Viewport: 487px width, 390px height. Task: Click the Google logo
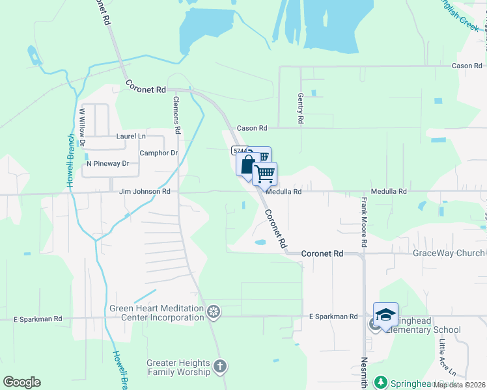pos(21,382)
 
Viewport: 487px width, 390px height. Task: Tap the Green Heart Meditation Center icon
pos(213,313)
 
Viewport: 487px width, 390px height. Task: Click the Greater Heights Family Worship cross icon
pos(220,367)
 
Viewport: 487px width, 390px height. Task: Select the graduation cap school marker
pos(385,315)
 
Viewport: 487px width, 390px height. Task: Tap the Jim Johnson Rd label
pos(145,192)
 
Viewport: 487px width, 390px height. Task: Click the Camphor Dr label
pos(159,153)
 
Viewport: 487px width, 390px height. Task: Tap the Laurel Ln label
pos(131,136)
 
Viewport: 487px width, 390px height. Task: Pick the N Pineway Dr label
pos(108,164)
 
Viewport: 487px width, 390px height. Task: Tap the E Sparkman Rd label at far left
pos(38,319)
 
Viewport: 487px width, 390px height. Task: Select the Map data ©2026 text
pos(459,385)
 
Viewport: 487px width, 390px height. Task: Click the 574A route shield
pos(239,151)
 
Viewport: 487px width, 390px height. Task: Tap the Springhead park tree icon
pos(382,382)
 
